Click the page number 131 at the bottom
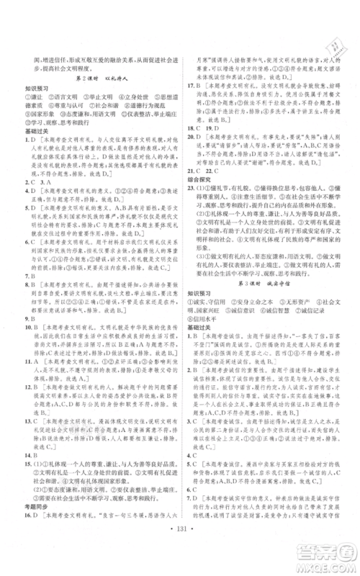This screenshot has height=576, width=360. (x=181, y=540)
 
